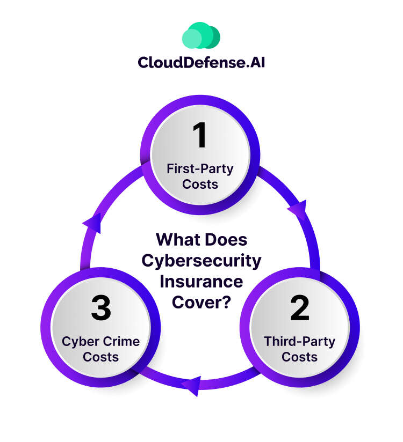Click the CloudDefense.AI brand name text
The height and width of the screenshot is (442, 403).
[x=201, y=63]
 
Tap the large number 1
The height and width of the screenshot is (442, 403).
[x=200, y=135]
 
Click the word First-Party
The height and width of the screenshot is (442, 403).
[x=200, y=170]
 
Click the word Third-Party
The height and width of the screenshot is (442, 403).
[x=300, y=342]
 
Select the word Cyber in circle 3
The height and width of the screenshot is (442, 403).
[x=80, y=342]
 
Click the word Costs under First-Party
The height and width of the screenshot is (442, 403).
[x=200, y=185]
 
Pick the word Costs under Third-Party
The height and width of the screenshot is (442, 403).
[x=300, y=357]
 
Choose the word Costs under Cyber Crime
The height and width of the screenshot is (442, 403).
[x=101, y=357]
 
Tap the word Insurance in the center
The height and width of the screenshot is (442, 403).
[x=201, y=281]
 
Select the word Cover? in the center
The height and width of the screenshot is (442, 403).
[x=201, y=301]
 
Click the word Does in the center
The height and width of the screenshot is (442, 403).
[x=228, y=240]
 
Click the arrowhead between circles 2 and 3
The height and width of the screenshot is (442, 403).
[x=192, y=385]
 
